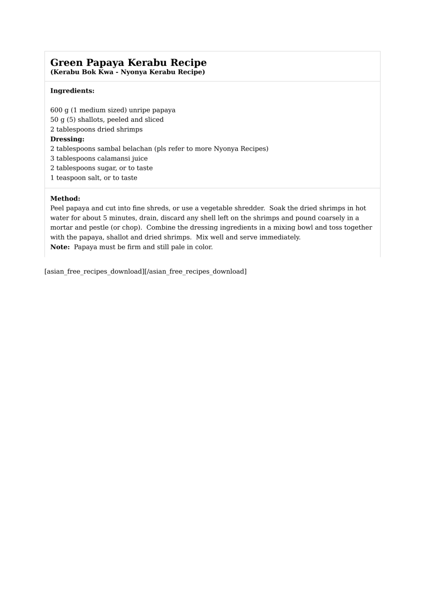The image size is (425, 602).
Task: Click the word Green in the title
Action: (x=67, y=63)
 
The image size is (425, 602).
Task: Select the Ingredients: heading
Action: (x=72, y=91)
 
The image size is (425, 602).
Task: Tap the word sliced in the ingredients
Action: (x=153, y=120)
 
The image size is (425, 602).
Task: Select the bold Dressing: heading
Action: (x=67, y=139)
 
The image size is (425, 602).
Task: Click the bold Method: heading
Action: (x=65, y=199)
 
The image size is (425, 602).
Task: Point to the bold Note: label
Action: (x=60, y=247)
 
